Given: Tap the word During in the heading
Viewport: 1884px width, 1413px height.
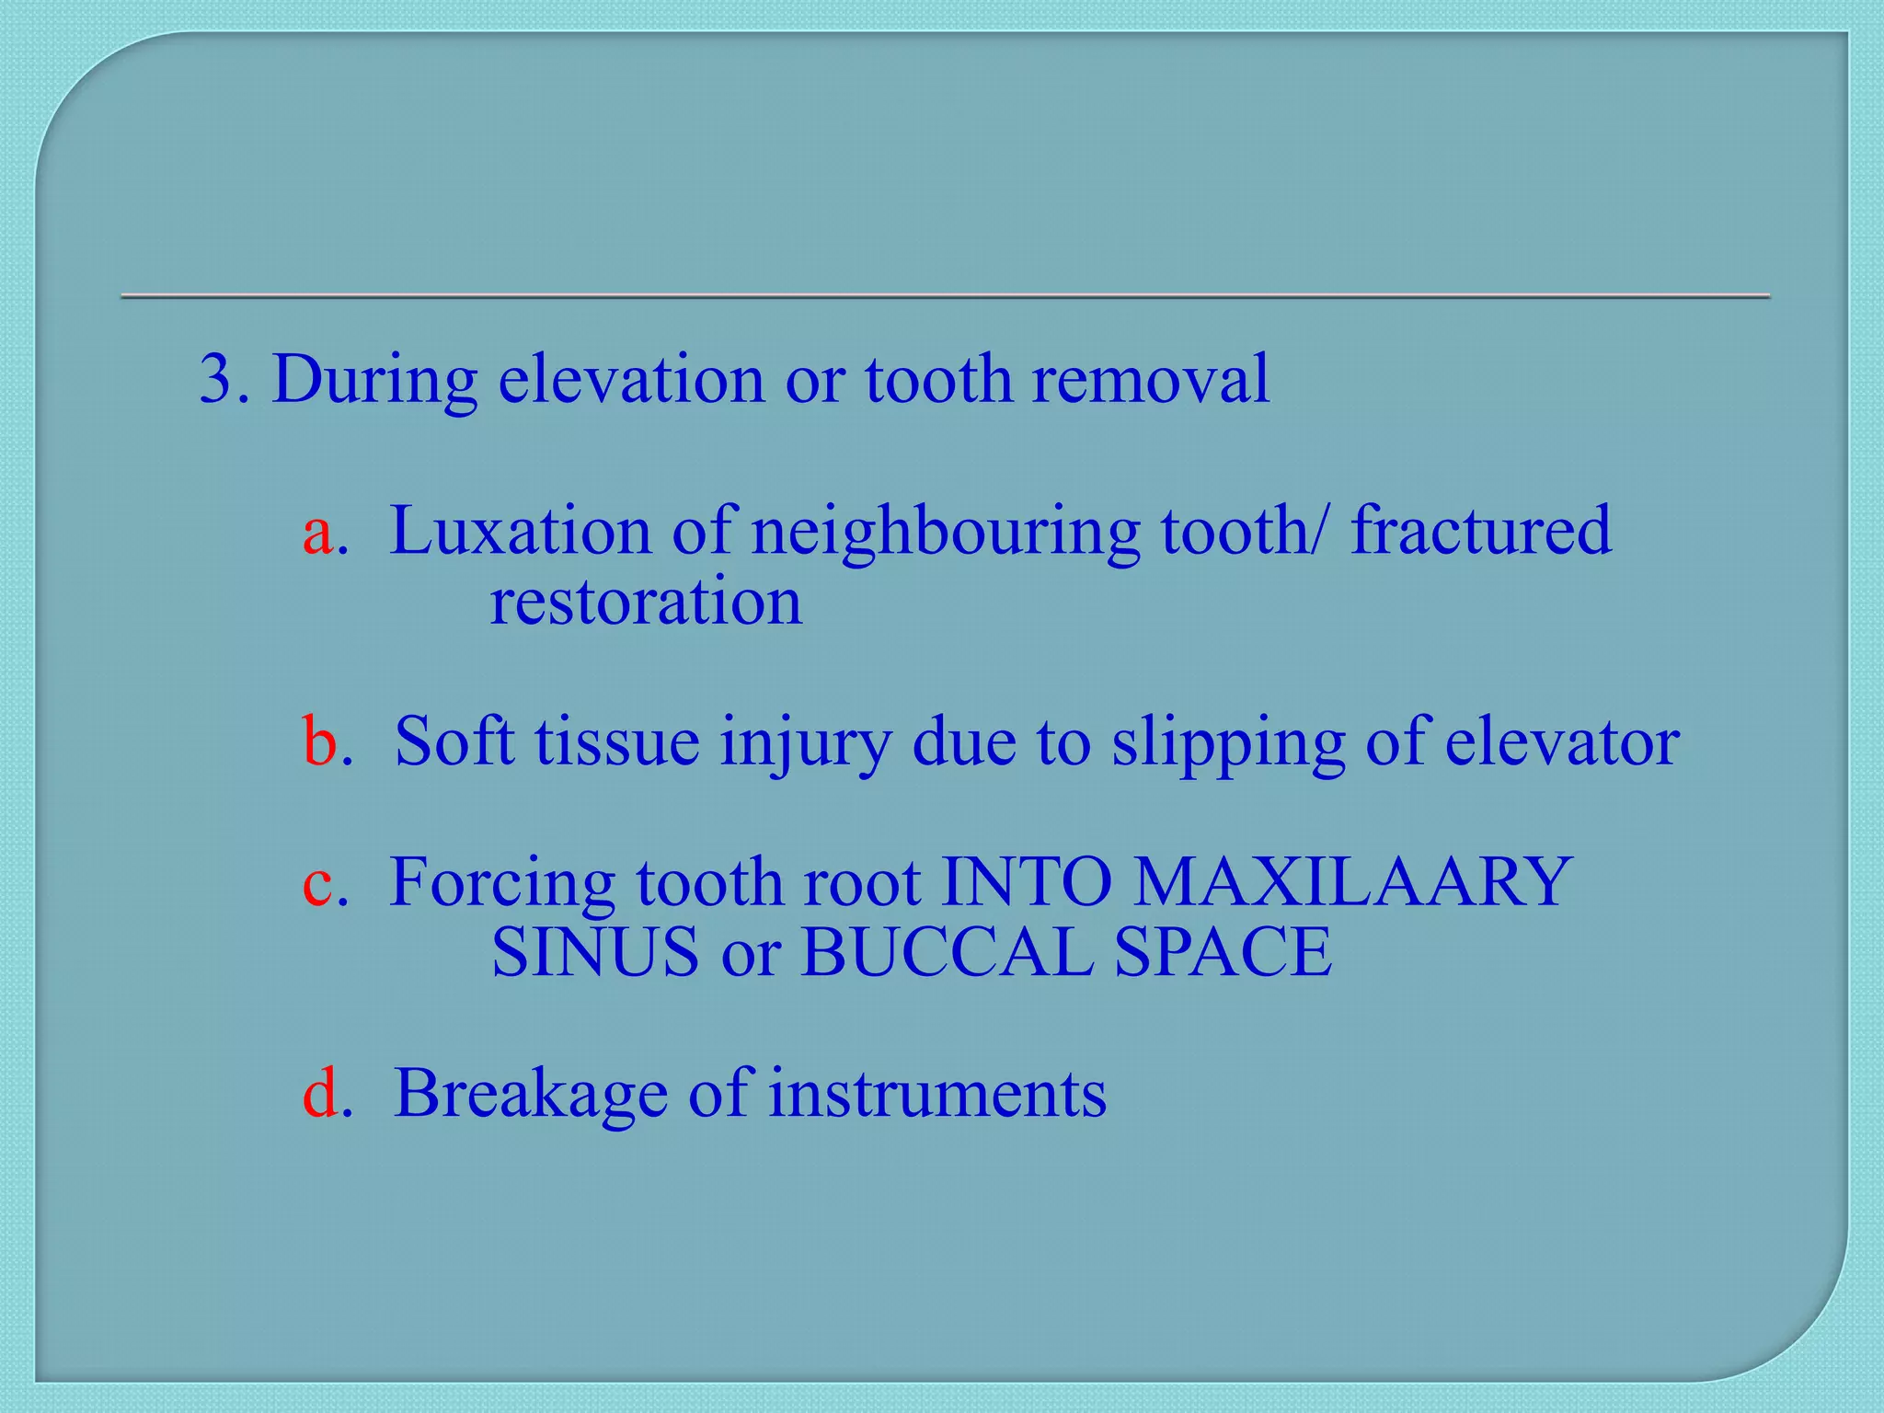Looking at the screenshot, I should pos(373,379).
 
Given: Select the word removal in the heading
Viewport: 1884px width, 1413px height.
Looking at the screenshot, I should pos(1150,379).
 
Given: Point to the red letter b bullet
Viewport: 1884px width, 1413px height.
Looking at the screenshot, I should pos(319,741).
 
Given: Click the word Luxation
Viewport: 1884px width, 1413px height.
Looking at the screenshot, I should pos(520,532).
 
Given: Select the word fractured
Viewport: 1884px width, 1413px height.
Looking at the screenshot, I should pos(1480,532).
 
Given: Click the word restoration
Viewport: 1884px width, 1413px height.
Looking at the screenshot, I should pos(645,603).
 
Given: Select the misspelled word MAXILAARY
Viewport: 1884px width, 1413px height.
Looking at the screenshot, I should pos(1351,881).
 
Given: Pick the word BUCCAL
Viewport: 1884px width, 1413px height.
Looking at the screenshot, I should pos(947,952).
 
